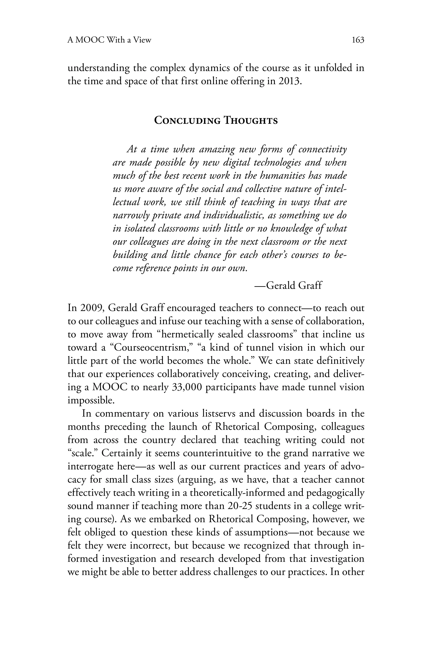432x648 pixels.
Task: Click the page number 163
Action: click(x=358, y=40)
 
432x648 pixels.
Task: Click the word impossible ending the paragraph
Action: click(x=91, y=401)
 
